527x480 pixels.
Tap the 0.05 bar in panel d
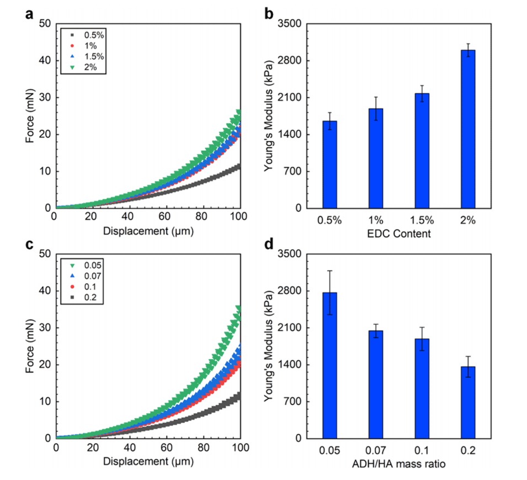(330, 365)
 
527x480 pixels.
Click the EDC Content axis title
(399, 234)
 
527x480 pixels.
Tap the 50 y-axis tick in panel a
(45, 24)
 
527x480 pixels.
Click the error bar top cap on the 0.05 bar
(330, 271)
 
